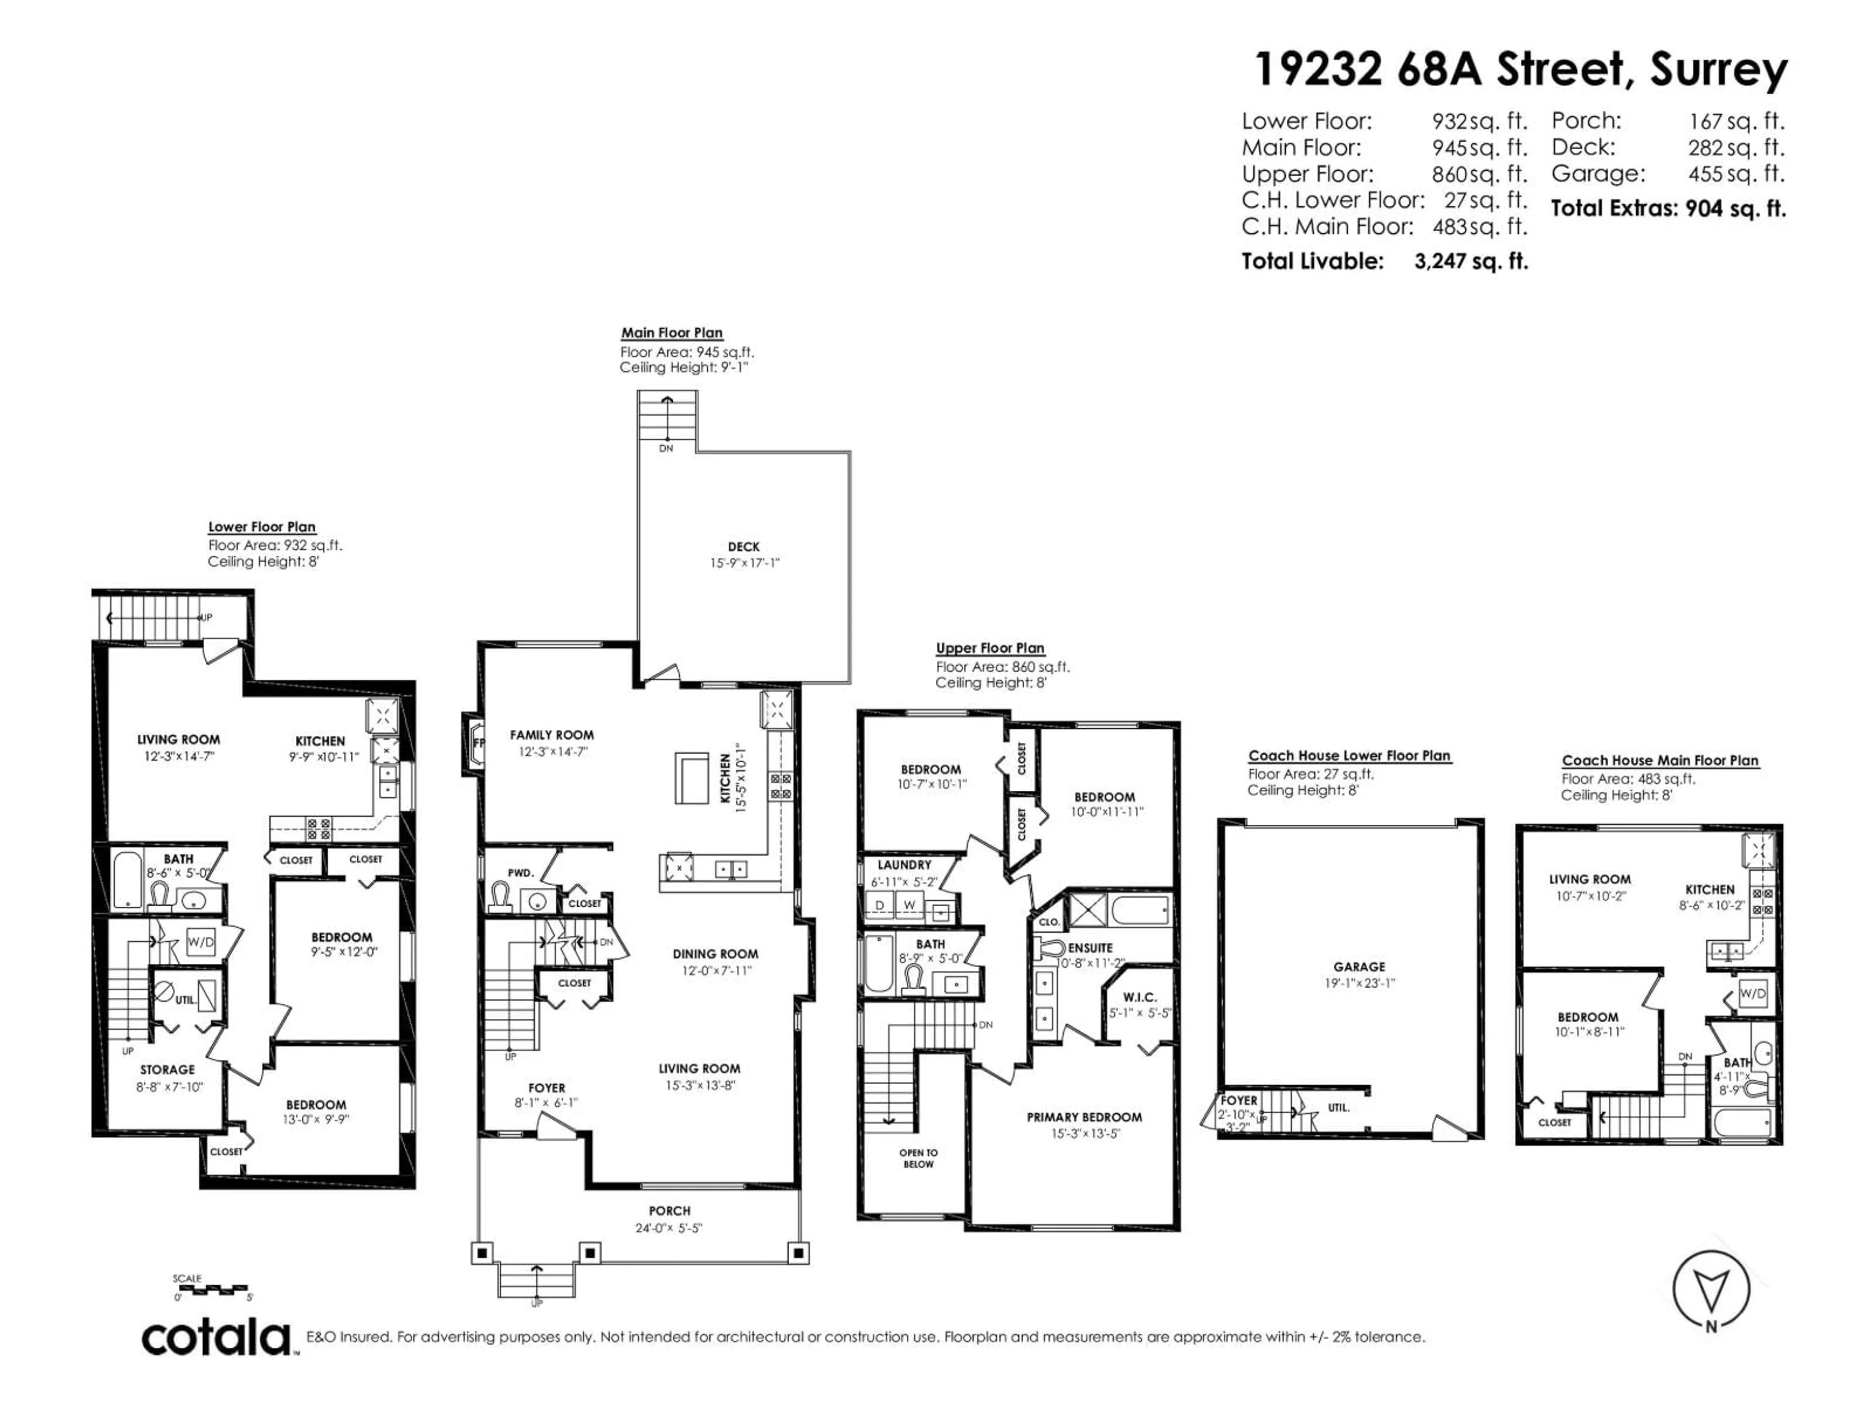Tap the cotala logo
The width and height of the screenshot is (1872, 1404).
pyautogui.click(x=216, y=1339)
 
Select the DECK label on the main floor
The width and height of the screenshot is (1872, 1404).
pyautogui.click(x=743, y=546)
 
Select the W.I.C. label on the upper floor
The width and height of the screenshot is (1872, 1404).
pyautogui.click(x=1140, y=997)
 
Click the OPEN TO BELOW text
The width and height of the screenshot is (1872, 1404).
pyautogui.click(x=918, y=1158)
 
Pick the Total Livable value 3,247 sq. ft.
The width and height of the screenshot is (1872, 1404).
pyautogui.click(x=1471, y=261)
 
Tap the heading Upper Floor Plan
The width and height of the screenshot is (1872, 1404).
pyautogui.click(x=989, y=647)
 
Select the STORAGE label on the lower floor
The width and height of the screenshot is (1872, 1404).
pyautogui.click(x=168, y=1070)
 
